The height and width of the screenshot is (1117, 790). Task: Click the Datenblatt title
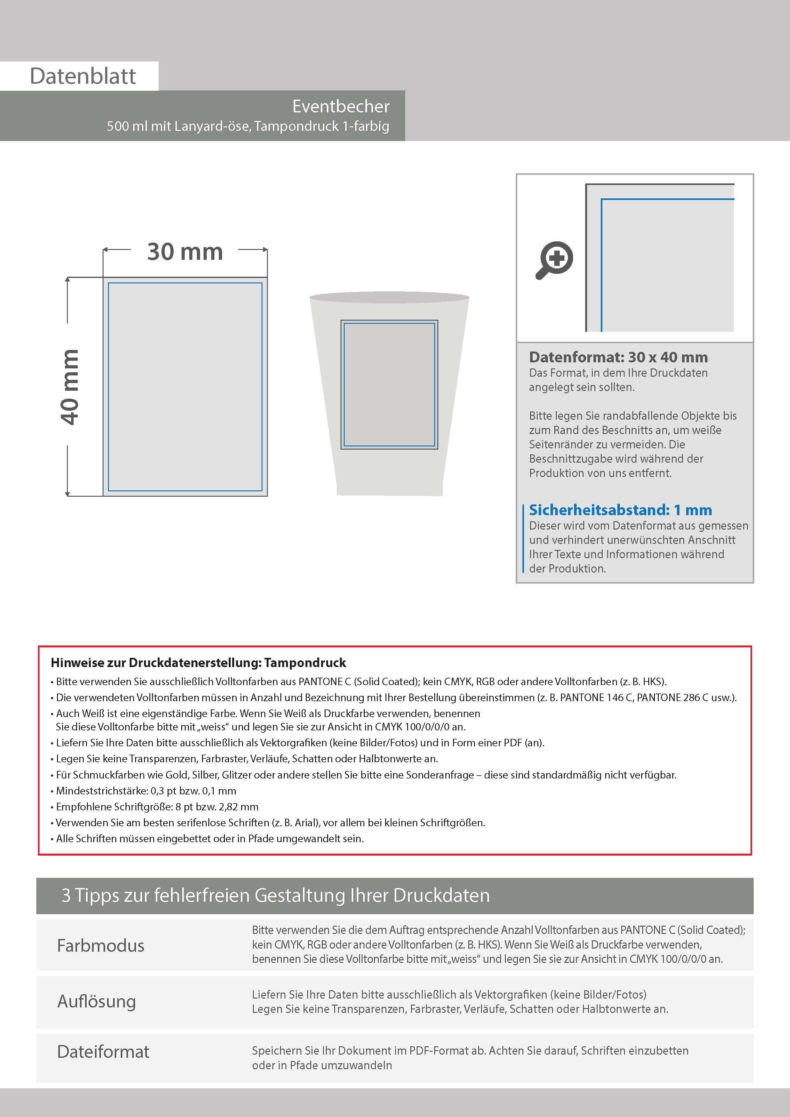point(83,76)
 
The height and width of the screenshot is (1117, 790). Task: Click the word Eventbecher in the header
point(341,107)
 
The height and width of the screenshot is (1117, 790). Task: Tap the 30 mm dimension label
point(185,252)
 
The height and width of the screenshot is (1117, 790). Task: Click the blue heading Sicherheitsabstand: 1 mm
point(620,510)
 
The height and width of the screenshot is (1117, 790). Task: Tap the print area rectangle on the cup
point(389,384)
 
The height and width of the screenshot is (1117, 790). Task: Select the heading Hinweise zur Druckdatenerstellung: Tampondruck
point(198,663)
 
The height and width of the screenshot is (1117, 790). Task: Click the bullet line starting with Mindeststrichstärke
point(146,791)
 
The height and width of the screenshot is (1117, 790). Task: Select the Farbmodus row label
point(101,946)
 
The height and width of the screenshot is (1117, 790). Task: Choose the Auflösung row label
point(97,1001)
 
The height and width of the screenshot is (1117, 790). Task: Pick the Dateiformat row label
point(103,1052)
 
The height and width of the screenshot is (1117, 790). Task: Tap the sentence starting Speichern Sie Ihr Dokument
point(470,1051)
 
